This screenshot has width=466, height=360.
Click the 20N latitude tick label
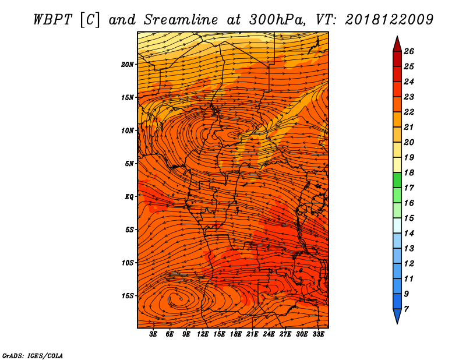pyautogui.click(x=128, y=65)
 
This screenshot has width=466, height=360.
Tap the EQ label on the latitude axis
pyautogui.click(x=129, y=197)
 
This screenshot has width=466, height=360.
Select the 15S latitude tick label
pyautogui.click(x=128, y=296)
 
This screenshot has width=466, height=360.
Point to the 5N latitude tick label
pyautogui.click(x=129, y=164)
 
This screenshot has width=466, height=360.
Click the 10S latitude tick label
pyautogui.click(x=128, y=263)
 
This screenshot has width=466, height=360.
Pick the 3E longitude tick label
pyautogui.click(x=153, y=334)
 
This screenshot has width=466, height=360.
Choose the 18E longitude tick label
pyautogui.click(x=236, y=334)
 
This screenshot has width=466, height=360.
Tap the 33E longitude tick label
pyautogui.click(x=318, y=334)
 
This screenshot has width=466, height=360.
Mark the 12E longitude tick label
pyautogui.click(x=203, y=334)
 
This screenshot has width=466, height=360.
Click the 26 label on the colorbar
pyautogui.click(x=409, y=51)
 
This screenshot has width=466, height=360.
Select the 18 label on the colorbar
pyautogui.click(x=409, y=172)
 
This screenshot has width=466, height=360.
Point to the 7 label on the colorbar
pyautogui.click(x=406, y=309)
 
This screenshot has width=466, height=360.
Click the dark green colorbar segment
pyautogui.click(x=397, y=180)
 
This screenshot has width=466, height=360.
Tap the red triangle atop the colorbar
pyautogui.click(x=397, y=45)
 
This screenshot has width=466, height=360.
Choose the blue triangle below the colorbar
pyautogui.click(x=397, y=316)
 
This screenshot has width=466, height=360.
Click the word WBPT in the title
pyautogui.click(x=53, y=20)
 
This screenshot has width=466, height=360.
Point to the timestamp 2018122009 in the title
pyautogui.click(x=389, y=20)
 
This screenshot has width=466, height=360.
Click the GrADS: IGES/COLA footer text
pyautogui.click(x=33, y=356)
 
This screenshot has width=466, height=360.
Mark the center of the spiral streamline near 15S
pyautogui.click(x=180, y=298)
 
